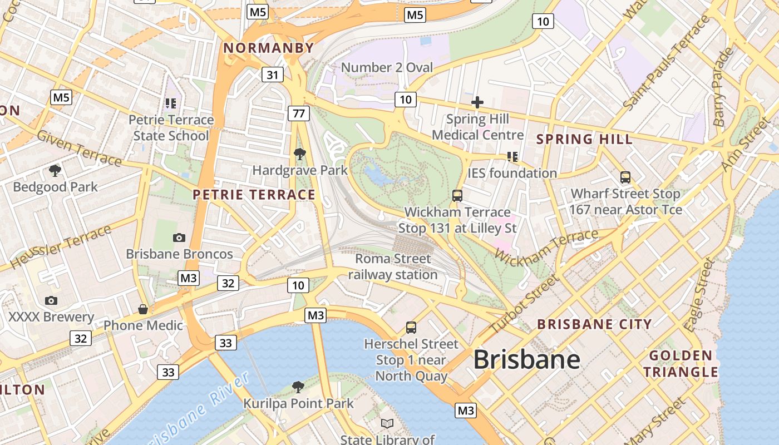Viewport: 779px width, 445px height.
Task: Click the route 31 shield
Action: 272,75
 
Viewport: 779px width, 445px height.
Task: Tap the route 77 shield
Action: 299,113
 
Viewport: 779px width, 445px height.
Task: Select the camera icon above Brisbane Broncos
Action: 179,238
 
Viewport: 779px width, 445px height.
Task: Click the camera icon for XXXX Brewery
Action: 51,301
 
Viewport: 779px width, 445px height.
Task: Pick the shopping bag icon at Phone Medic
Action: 143,309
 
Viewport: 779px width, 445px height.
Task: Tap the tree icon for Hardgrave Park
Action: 300,154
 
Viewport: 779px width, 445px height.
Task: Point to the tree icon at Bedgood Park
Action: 55,170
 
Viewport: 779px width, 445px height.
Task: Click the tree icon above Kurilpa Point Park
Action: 298,387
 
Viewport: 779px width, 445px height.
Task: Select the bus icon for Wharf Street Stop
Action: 625,177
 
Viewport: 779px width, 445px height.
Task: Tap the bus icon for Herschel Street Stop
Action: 411,328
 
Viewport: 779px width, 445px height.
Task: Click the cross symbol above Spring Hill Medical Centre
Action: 477,102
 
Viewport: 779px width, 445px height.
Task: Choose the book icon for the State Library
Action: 387,423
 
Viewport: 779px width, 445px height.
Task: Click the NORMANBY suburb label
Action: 269,48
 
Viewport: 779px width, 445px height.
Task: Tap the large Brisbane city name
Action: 526,360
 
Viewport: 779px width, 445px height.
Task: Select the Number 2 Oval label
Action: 387,68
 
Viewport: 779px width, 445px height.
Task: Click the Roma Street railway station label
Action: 393,266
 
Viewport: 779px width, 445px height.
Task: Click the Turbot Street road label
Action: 523,305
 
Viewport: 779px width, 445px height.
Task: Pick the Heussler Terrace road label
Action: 61,247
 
